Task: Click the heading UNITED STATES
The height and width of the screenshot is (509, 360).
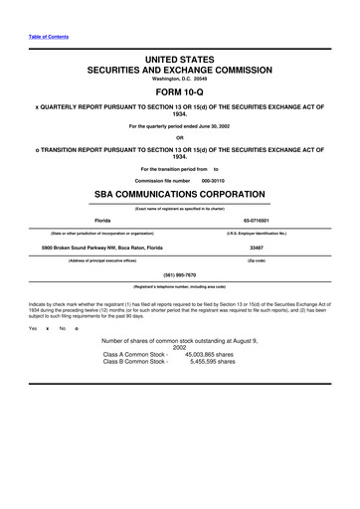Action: point(179,62)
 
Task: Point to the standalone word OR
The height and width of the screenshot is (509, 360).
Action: point(179,137)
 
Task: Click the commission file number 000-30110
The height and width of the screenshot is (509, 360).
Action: point(214,180)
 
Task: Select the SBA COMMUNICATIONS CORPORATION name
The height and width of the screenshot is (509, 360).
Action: point(179,194)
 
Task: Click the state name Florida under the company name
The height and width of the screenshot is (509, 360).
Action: point(101,220)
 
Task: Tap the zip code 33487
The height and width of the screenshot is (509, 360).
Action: point(256,246)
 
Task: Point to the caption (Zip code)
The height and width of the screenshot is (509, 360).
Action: point(256,259)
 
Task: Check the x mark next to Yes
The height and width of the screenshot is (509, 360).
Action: point(48,328)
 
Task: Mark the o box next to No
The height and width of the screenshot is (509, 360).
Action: point(76,328)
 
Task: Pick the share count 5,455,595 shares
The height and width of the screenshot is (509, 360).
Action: point(212,362)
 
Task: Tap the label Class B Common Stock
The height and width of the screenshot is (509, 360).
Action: point(134,362)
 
